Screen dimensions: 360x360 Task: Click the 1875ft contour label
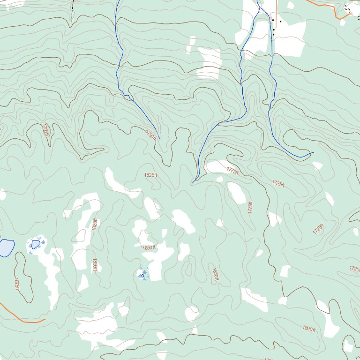pyautogui.click(x=16, y=284)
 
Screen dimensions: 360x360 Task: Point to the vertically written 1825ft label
pyautogui.click(x=95, y=224)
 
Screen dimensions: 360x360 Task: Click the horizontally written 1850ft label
pyautogui.click(x=149, y=247)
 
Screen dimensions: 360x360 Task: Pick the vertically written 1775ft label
pyautogui.click(x=250, y=208)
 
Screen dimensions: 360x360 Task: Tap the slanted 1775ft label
pyautogui.click(x=232, y=171)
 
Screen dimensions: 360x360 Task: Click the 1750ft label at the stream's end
pyautogui.click(x=150, y=135)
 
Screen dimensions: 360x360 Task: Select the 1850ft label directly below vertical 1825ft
pyautogui.click(x=95, y=265)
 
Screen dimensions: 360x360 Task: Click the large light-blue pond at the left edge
pyautogui.click(x=6, y=247)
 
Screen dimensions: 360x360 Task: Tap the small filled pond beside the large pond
pyautogui.click(x=36, y=244)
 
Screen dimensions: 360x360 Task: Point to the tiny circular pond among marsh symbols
pyautogui.click(x=142, y=276)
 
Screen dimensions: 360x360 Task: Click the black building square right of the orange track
pyautogui.click(x=280, y=21)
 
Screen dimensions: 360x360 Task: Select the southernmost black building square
pyautogui.click(x=273, y=35)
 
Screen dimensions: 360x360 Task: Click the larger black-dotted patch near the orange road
pyautogui.click(x=346, y=8)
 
